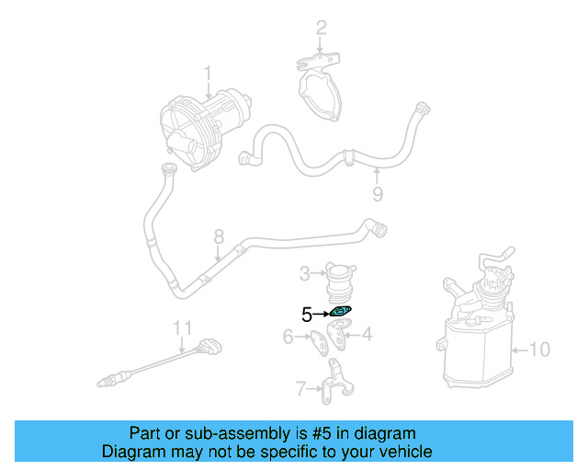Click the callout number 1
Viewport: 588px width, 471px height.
tap(208, 72)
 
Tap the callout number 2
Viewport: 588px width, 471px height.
tap(321, 29)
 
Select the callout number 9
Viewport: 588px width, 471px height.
tap(377, 193)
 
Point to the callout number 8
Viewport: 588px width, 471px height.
tap(219, 236)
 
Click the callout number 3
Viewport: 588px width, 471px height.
tap(305, 273)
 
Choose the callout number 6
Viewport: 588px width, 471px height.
tap(288, 337)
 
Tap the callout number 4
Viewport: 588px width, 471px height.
tap(367, 335)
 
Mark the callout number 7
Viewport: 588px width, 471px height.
tap(300, 389)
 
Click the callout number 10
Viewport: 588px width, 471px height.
tap(540, 349)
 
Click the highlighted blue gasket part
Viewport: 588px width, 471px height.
tap(341, 312)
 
